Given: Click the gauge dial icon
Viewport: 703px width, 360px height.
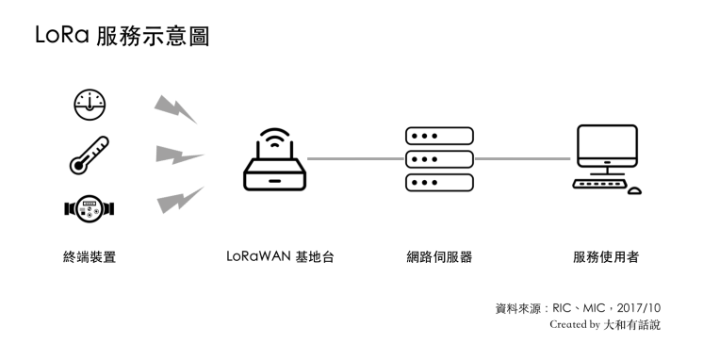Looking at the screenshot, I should (x=90, y=106).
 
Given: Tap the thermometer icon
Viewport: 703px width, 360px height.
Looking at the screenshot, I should (x=90, y=155).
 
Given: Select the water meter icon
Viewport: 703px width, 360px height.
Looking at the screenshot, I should (x=90, y=206).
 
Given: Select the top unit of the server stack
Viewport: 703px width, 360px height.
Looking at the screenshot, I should (x=438, y=136).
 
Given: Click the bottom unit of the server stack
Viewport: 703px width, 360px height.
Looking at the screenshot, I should (x=438, y=181).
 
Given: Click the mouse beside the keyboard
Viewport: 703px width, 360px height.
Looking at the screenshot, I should (x=634, y=190).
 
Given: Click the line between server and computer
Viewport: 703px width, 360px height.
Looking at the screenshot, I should (x=524, y=158).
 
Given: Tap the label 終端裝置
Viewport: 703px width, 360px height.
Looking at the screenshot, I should (x=90, y=256).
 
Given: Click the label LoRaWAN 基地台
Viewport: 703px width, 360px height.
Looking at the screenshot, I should (x=279, y=256).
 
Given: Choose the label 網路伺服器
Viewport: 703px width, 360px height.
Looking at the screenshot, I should (x=438, y=256).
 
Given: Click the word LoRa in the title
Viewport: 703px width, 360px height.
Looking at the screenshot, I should (x=60, y=37).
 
